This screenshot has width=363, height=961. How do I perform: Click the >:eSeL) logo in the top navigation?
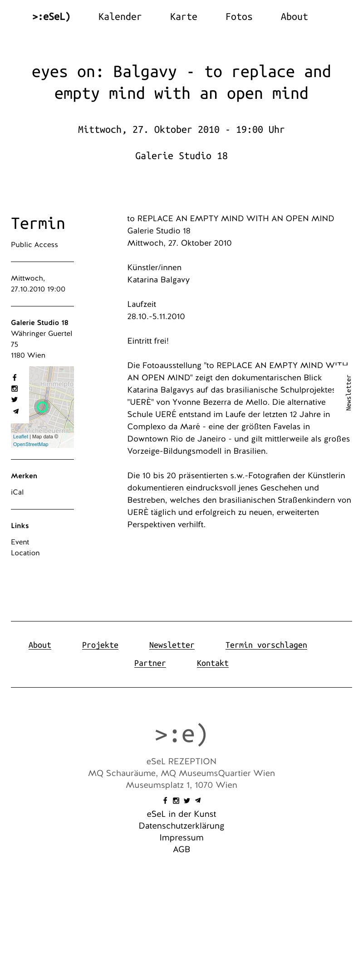[x=51, y=17]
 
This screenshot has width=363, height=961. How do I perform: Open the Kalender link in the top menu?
[x=120, y=17]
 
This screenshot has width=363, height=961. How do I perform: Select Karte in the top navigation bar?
[x=183, y=17]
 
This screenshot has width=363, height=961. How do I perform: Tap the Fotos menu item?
[x=239, y=17]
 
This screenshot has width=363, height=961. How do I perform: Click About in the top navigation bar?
[x=294, y=17]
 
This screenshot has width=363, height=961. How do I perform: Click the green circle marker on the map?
[x=42, y=407]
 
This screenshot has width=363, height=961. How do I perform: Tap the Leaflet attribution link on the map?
[x=20, y=437]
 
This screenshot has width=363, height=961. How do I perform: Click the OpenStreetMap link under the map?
[x=30, y=444]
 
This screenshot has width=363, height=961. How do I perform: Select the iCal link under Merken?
[x=17, y=492]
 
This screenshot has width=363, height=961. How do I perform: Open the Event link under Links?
[x=20, y=542]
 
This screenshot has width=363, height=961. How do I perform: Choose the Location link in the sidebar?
[x=25, y=553]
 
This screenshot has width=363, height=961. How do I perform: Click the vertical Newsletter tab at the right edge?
[x=348, y=393]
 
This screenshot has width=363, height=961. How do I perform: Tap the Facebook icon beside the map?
[x=15, y=378]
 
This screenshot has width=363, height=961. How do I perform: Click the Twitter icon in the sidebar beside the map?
[x=15, y=400]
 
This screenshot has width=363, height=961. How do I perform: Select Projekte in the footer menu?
[x=100, y=645]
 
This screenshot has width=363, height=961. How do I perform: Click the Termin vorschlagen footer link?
[x=266, y=645]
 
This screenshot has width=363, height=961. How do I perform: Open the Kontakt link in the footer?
[x=212, y=663]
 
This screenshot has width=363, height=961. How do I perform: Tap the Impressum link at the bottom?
[x=181, y=838]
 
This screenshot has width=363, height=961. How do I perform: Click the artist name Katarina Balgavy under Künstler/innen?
[x=158, y=280]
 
